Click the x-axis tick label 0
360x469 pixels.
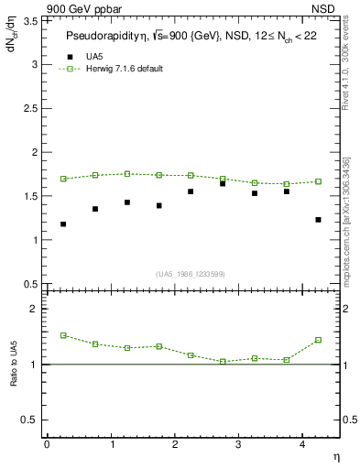tap(47, 444)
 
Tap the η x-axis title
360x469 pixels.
tap(336, 455)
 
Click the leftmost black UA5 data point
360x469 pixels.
tap(63, 224)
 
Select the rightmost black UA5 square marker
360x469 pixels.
tap(318, 220)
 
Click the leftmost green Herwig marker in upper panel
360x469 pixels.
tap(63, 179)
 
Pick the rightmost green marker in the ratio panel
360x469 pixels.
tap(318, 340)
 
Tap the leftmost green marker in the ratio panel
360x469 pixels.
tap(63, 335)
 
